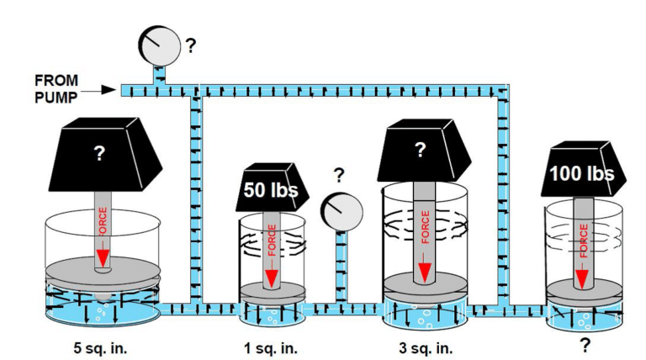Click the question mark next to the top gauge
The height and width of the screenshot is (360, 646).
coord(191,45)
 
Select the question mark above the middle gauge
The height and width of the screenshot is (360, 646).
coord(339,175)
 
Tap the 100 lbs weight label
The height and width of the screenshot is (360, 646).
coord(580,174)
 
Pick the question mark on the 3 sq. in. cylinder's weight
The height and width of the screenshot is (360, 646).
coord(421,150)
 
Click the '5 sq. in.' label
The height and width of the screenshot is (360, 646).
coord(100,345)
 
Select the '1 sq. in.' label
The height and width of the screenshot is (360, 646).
coord(270,345)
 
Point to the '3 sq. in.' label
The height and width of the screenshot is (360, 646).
coord(425,345)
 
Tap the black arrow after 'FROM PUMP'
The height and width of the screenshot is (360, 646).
coord(104,88)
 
